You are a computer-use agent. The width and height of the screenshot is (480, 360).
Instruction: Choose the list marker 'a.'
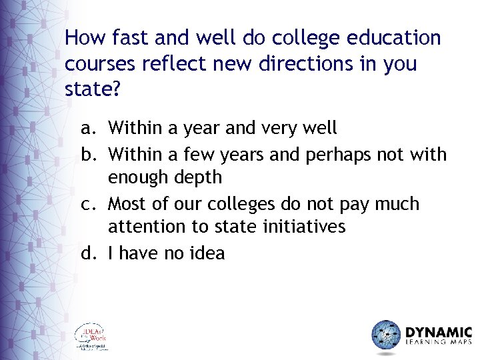click(x=89, y=127)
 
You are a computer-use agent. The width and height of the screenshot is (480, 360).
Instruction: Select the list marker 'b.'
click(x=89, y=155)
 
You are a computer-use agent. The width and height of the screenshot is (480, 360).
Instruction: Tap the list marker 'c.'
click(x=89, y=203)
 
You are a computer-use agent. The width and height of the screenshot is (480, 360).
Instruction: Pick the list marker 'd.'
click(x=89, y=253)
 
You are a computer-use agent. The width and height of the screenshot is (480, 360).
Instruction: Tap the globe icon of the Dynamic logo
click(x=386, y=335)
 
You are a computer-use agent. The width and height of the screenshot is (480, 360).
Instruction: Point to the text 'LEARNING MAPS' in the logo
click(x=438, y=344)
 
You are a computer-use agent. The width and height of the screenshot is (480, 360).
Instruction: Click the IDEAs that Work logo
click(x=91, y=337)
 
